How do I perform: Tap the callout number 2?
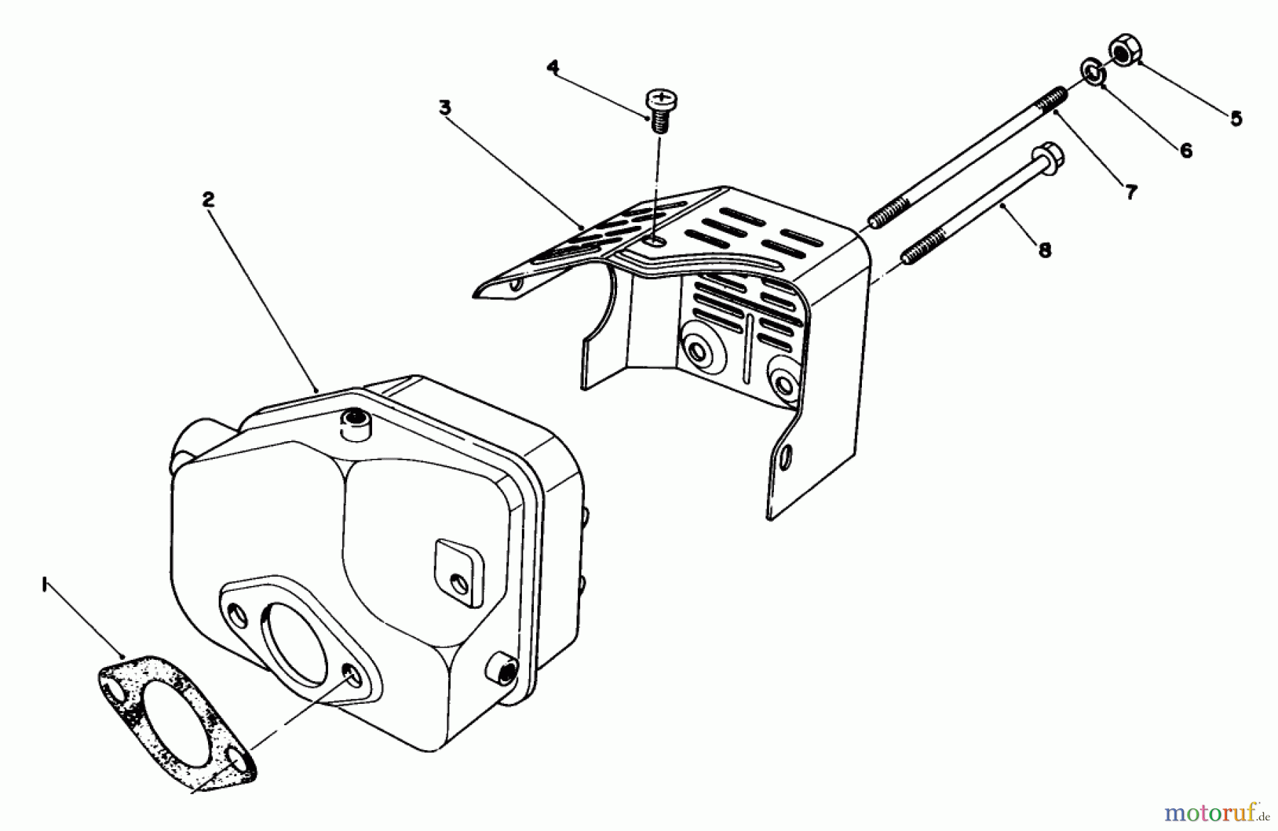pos(207,200)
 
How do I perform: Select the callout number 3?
pos(444,108)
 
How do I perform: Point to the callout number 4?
pos(552,67)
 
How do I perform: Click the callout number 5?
pos(1236,119)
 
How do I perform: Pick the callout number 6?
pos(1186,151)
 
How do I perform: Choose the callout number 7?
pos(1130,192)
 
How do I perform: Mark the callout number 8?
pos(1044,250)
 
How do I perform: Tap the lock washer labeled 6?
pos(1092,72)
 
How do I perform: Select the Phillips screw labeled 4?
pos(660,107)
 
